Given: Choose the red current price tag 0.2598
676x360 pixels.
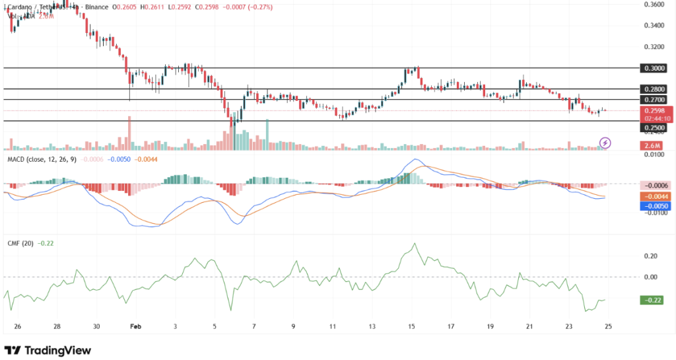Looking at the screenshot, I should point(657,110).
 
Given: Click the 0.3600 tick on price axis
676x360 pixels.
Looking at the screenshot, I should point(654,4).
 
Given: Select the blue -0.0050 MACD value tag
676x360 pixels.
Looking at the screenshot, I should point(657,206).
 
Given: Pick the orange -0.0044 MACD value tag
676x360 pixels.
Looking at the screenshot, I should point(657,196).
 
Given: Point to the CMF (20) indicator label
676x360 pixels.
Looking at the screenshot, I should point(20,243).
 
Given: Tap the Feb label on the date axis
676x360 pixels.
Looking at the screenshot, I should point(135,326).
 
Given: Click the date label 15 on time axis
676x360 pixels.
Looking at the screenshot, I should point(411,326).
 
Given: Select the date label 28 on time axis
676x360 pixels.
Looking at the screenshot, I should point(57,326).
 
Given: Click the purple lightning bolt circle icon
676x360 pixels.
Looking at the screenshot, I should point(605,142).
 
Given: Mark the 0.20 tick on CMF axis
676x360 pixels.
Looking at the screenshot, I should point(650,256).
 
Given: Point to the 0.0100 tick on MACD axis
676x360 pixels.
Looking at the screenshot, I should point(653,155).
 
